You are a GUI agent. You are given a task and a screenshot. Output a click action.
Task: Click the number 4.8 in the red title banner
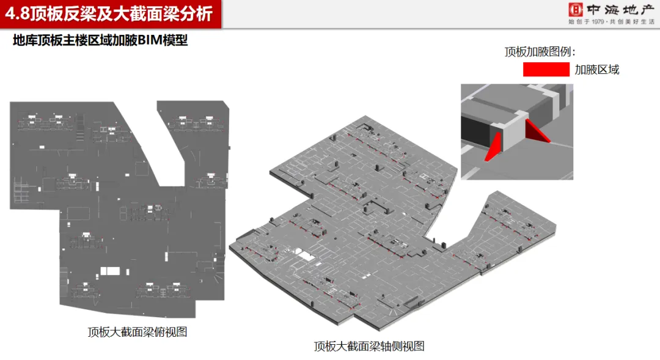18,13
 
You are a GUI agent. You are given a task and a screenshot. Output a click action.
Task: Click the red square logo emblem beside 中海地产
574,10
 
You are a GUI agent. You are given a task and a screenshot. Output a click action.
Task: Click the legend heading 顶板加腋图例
540,52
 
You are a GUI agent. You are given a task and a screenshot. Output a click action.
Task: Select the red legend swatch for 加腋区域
546,70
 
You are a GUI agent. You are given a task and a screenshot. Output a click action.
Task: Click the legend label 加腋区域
597,70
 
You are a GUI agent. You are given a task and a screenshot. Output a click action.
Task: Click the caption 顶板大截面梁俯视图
137,332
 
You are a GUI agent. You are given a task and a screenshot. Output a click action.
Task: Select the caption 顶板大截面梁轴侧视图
369,347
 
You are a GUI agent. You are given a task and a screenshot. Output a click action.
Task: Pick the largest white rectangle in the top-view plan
111,270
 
